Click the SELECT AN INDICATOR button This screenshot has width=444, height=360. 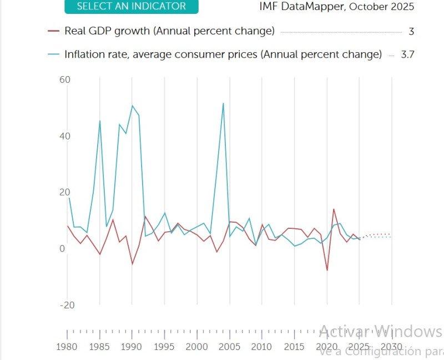pos(131,7)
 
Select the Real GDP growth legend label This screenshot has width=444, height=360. pos(169,31)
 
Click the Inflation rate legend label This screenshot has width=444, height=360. pos(223,54)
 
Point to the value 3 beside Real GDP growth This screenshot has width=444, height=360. pos(411,32)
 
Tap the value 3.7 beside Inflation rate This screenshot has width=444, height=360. pos(408,54)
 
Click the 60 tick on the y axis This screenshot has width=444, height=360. pos(65,80)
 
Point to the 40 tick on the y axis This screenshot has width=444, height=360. pos(65,136)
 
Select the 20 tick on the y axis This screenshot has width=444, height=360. pos(65,192)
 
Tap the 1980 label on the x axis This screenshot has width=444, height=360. pos(68,347)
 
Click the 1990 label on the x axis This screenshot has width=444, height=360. pos(132,347)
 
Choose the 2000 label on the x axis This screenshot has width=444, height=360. pos(197,347)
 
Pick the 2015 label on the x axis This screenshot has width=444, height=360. pos(294,347)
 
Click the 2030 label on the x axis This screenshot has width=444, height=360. pos(391,347)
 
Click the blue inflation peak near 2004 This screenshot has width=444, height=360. pos(223,103)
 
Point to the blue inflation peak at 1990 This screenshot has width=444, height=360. pos(132,106)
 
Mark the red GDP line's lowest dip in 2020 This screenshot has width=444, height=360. pos(327,271)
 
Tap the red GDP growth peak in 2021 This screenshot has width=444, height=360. pos(334,209)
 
